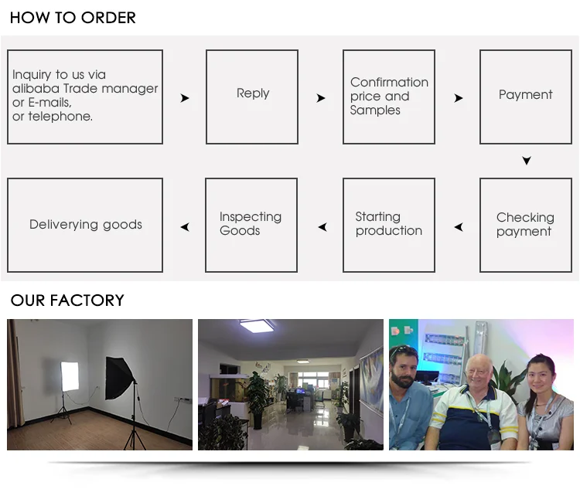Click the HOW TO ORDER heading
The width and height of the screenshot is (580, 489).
pyautogui.click(x=73, y=17)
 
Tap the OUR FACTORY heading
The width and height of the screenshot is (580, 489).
pyautogui.click(x=67, y=301)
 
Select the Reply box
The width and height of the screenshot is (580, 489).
pyautogui.click(x=252, y=97)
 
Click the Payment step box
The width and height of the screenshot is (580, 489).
pyautogui.click(x=526, y=97)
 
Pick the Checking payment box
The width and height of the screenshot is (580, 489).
pyautogui.click(x=526, y=225)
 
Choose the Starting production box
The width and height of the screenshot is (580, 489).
pyautogui.click(x=389, y=225)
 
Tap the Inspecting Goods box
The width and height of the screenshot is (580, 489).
pyautogui.click(x=251, y=225)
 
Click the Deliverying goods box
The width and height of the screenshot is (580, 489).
pyautogui.click(x=85, y=225)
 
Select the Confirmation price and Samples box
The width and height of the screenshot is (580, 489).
pyautogui.click(x=389, y=97)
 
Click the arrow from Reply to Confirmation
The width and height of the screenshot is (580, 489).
pyautogui.click(x=321, y=98)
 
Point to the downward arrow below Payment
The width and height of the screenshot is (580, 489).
pyautogui.click(x=527, y=161)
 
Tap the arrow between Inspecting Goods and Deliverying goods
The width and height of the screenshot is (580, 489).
pyautogui.click(x=185, y=227)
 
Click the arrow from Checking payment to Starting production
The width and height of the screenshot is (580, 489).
pyautogui.click(x=459, y=227)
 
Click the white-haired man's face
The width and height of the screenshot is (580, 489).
pyautogui.click(x=480, y=375)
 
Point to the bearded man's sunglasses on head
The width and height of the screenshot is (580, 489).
pyautogui.click(x=403, y=351)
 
